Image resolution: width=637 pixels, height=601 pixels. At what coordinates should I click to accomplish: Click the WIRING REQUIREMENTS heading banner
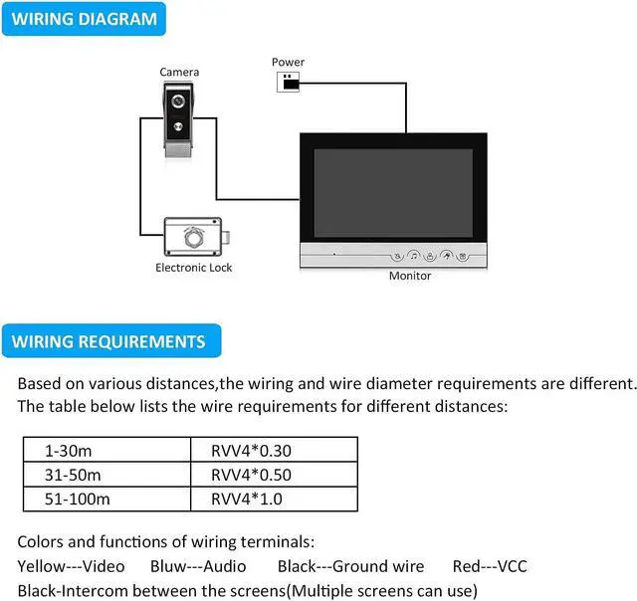tap(108, 341)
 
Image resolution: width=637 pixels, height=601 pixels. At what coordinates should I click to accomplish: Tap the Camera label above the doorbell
tap(179, 72)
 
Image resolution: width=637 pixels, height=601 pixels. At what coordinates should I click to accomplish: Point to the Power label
tap(288, 63)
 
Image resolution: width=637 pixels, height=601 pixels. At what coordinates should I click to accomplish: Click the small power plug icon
tap(289, 82)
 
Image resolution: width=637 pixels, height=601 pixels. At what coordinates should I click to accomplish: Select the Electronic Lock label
tap(194, 268)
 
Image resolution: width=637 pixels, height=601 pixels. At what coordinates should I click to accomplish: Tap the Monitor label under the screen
tap(409, 276)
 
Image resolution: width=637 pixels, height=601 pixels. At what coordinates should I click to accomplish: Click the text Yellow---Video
tap(72, 566)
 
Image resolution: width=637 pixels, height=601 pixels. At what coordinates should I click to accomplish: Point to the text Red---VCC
tap(490, 566)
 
